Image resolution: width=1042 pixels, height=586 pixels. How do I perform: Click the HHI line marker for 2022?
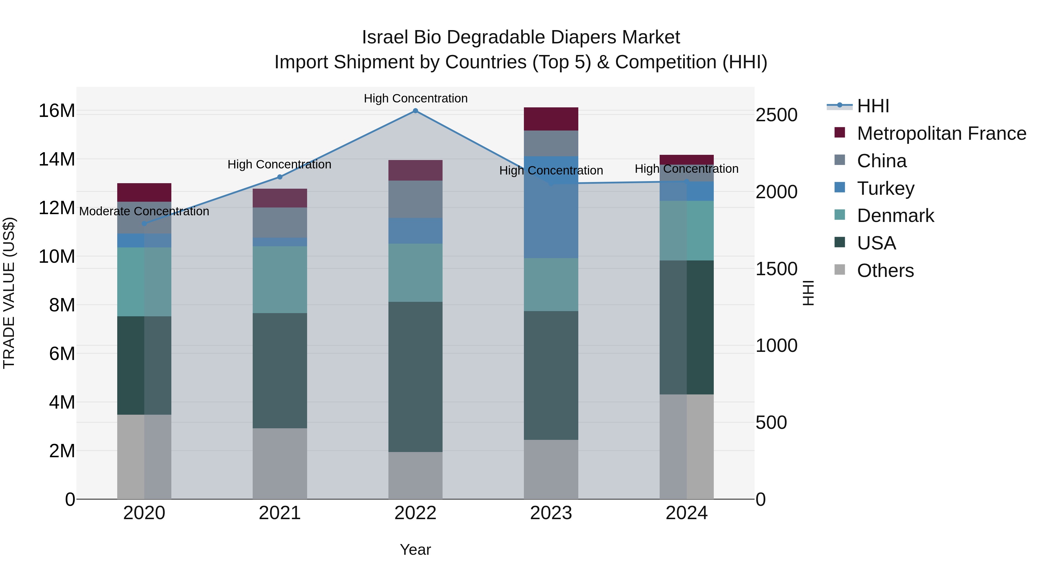click(415, 111)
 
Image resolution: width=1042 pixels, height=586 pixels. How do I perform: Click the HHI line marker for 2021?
click(280, 177)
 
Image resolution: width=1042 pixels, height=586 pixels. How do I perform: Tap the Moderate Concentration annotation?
click(144, 211)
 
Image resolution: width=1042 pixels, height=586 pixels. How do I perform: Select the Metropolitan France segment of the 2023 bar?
click(551, 119)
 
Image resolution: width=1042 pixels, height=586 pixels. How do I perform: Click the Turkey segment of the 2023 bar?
click(551, 207)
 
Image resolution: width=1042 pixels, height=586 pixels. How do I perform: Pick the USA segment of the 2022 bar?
click(415, 376)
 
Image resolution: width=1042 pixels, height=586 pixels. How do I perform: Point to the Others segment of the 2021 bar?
click(280, 464)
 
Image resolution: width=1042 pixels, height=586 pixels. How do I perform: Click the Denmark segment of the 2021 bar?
click(280, 280)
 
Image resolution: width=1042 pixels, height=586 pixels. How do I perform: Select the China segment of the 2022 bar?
click(415, 199)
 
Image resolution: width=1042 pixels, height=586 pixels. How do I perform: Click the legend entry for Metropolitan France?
click(941, 133)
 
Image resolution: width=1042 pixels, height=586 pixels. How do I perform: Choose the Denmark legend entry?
click(895, 216)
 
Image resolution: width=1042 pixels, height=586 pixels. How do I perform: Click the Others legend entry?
click(885, 271)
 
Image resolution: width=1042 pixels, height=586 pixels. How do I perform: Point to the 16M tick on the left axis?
click(57, 111)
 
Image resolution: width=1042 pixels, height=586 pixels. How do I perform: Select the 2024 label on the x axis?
click(687, 513)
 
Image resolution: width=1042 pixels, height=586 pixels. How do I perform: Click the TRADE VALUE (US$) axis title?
click(9, 293)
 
